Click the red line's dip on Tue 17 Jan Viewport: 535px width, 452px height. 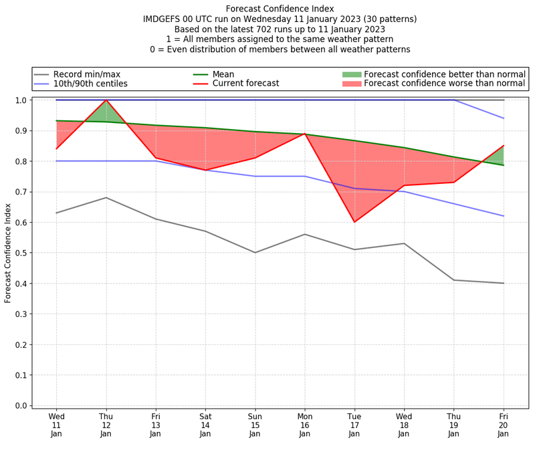click(x=354, y=222)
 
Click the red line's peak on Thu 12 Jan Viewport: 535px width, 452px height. click(x=106, y=100)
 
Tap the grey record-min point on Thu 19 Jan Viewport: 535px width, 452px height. click(x=454, y=280)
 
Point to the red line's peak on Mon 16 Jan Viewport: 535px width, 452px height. click(x=305, y=134)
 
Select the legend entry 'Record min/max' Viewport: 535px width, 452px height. click(x=87, y=74)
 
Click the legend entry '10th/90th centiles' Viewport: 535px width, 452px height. click(x=90, y=84)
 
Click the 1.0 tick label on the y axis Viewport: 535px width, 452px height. click(x=21, y=100)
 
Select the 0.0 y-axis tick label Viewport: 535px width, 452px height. click(x=21, y=406)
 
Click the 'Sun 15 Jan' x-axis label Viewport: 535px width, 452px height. click(x=255, y=424)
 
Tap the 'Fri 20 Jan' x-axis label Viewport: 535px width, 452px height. click(x=504, y=424)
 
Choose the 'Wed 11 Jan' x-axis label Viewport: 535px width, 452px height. click(x=56, y=424)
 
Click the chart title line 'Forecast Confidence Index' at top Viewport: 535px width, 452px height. click(x=280, y=9)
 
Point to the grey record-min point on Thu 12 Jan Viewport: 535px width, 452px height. click(x=106, y=198)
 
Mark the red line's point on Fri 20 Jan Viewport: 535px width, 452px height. click(x=504, y=146)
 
